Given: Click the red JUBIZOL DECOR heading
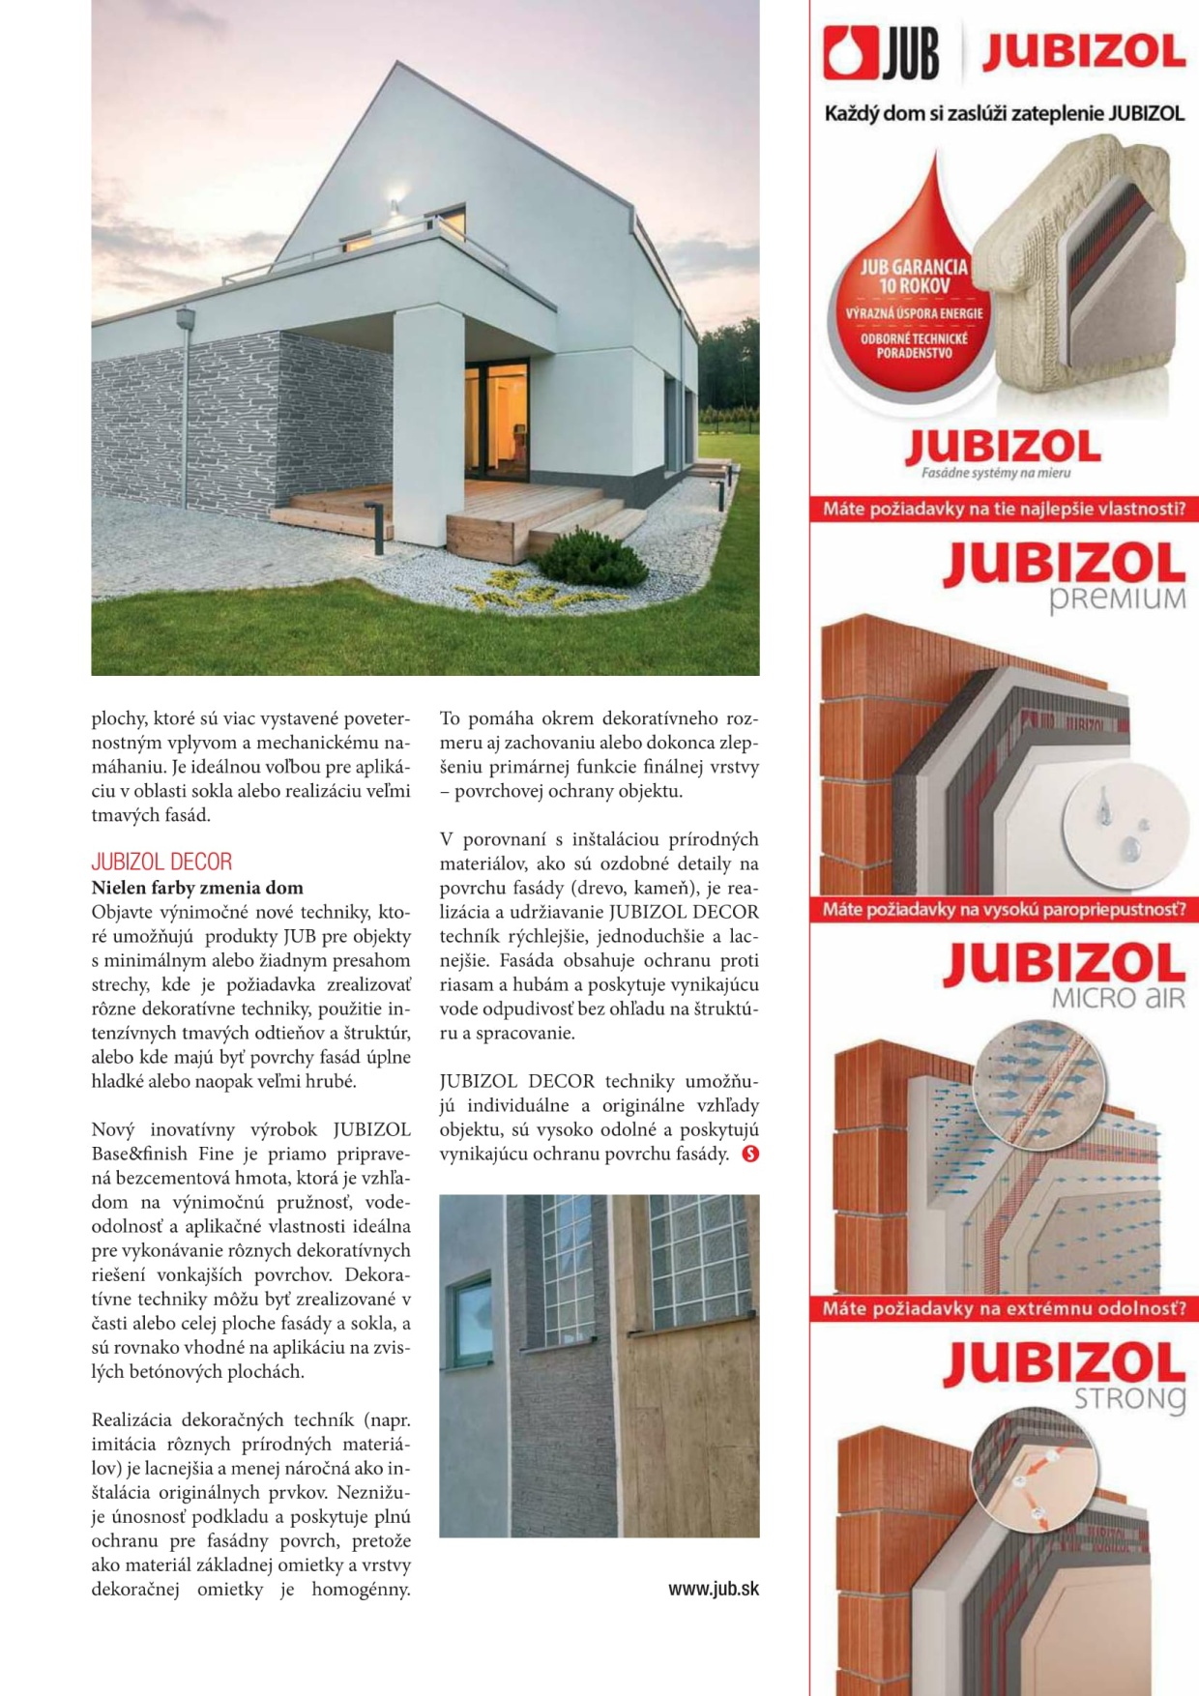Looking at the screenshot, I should click(161, 862).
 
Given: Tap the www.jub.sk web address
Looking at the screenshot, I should click(713, 1589).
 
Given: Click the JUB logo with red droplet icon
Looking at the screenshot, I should click(881, 54).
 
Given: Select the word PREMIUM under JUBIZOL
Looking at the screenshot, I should click(1117, 599).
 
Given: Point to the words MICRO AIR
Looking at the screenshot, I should click(1117, 998).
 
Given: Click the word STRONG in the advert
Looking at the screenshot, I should click(1128, 1398).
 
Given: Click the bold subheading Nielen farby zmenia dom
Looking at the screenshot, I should click(197, 888).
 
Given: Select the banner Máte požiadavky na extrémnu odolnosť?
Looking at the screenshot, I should click(1004, 1309).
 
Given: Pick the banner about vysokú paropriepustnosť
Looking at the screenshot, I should click(1004, 909).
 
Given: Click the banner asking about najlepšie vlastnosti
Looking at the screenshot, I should click(1004, 509).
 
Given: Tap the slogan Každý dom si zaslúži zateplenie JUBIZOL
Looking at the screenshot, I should click(1004, 114).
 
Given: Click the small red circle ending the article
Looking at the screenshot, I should click(749, 1154).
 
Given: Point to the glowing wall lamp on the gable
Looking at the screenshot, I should click(394, 204).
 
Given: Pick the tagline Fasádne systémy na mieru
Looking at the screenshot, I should click(995, 474).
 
